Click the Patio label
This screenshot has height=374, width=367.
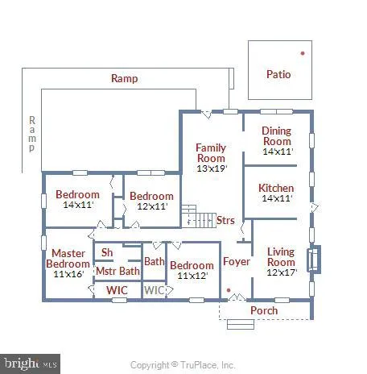278,75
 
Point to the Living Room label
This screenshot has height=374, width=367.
281,256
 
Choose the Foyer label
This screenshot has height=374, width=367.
237,261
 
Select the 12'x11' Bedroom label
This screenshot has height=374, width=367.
151,201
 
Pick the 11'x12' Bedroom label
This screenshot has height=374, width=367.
192,271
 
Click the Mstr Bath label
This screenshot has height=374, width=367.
118,271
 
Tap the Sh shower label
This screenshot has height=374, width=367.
106,252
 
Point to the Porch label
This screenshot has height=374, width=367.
264,310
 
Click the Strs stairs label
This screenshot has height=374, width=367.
225,219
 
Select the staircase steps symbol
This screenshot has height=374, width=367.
188,216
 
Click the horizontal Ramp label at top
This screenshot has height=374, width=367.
125,79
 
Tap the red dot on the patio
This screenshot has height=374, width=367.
303,53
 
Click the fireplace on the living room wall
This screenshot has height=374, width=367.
315,260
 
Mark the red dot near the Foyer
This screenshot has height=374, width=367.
229,289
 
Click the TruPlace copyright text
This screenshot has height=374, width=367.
183,364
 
